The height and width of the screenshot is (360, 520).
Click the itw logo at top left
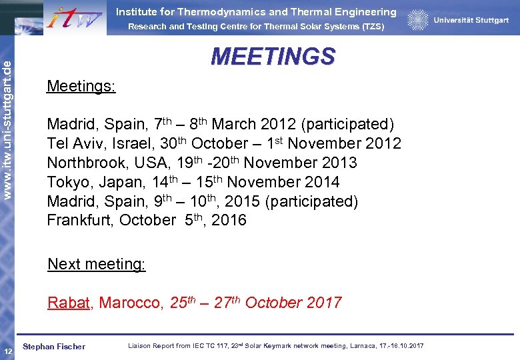pyautogui.click(x=75, y=17)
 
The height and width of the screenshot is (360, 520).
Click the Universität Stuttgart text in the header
pyautogui.click(x=471, y=21)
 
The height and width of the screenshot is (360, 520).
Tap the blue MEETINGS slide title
pyautogui.click(x=273, y=57)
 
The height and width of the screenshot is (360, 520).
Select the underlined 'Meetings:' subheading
pyautogui.click(x=81, y=87)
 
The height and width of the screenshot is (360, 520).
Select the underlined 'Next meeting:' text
pyautogui.click(x=97, y=264)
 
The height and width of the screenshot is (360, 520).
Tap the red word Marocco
pyautogui.click(x=131, y=303)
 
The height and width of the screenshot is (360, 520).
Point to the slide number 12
pyautogui.click(x=7, y=351)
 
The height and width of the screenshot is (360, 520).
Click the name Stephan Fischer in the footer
pyautogui.click(x=54, y=347)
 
